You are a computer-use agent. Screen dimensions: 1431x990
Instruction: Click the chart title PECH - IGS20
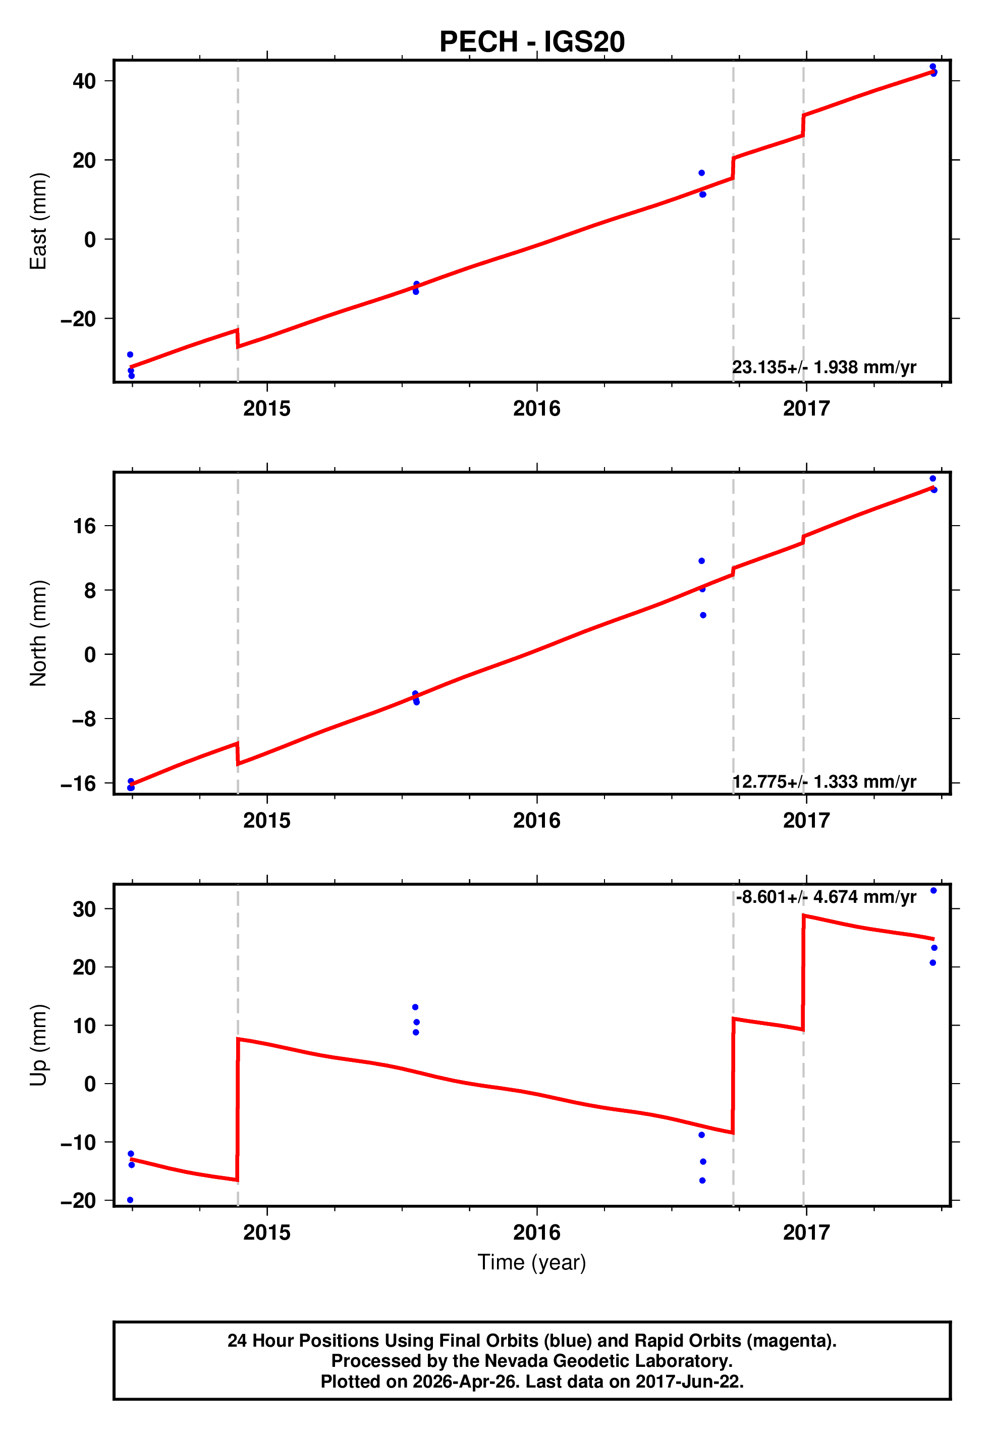[532, 42]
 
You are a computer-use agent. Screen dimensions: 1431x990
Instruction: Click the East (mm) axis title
[38, 222]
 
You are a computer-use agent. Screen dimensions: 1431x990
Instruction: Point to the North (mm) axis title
[38, 633]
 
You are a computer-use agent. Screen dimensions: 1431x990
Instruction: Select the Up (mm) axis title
[38, 1045]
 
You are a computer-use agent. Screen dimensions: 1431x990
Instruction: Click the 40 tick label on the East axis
[84, 81]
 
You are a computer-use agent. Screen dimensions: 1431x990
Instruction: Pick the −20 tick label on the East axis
[78, 319]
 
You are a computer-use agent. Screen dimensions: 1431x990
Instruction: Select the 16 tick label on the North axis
[84, 526]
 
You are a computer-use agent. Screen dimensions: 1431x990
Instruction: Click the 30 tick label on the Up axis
[84, 910]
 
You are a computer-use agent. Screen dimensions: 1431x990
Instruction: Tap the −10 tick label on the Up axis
[78, 1143]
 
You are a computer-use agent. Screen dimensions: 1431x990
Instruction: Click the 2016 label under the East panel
[536, 408]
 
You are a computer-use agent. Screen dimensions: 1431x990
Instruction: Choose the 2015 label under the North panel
[267, 821]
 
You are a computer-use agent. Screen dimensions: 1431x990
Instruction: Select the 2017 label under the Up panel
[806, 1233]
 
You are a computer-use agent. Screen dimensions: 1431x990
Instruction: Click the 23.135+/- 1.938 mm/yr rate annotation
[824, 368]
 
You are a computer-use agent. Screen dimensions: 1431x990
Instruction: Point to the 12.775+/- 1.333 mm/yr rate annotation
[824, 782]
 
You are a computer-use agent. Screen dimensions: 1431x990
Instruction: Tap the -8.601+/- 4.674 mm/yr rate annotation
[826, 897]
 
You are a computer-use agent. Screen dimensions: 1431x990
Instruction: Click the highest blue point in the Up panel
[933, 891]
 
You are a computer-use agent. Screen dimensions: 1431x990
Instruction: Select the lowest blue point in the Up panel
[130, 1200]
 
